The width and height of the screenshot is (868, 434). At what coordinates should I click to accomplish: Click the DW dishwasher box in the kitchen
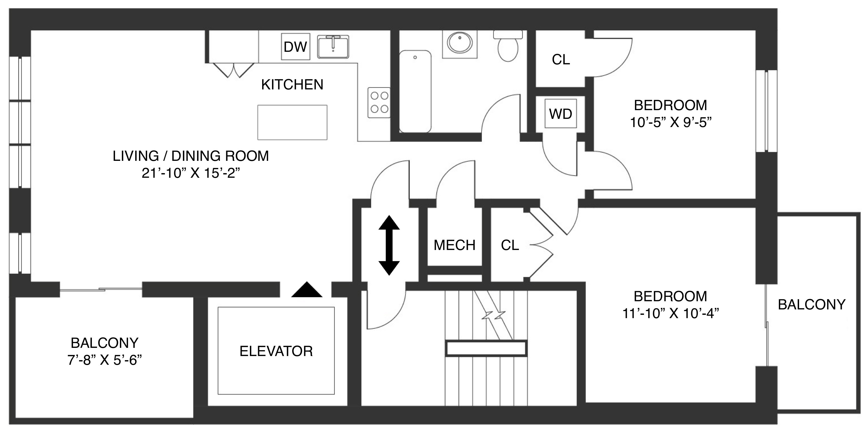[x=295, y=47]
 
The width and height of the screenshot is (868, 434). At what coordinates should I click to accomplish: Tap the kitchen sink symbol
[x=333, y=47]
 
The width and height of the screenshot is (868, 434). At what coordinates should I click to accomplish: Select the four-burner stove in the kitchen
[x=379, y=103]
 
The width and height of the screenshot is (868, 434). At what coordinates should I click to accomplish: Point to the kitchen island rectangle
[x=292, y=122]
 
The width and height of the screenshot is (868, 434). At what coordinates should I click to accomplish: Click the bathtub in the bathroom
[x=415, y=91]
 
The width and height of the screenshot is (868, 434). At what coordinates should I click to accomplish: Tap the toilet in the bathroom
[x=508, y=46]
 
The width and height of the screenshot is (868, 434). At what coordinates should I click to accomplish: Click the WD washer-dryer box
[x=561, y=114]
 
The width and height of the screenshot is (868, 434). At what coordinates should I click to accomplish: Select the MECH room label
[x=454, y=245]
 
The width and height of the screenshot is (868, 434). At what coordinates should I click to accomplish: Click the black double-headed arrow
[x=389, y=245]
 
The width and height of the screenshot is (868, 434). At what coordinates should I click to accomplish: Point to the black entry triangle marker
[x=307, y=290]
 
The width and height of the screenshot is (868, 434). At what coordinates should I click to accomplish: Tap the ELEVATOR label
[x=276, y=351]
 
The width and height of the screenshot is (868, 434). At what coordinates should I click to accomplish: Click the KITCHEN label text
[x=292, y=85]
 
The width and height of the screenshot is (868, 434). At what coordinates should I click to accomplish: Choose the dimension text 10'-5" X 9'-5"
[x=670, y=123]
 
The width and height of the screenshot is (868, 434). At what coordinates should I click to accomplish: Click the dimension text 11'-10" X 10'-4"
[x=670, y=314]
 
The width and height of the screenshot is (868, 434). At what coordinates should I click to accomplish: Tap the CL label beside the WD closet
[x=561, y=60]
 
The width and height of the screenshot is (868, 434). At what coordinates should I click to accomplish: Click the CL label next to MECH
[x=510, y=245]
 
